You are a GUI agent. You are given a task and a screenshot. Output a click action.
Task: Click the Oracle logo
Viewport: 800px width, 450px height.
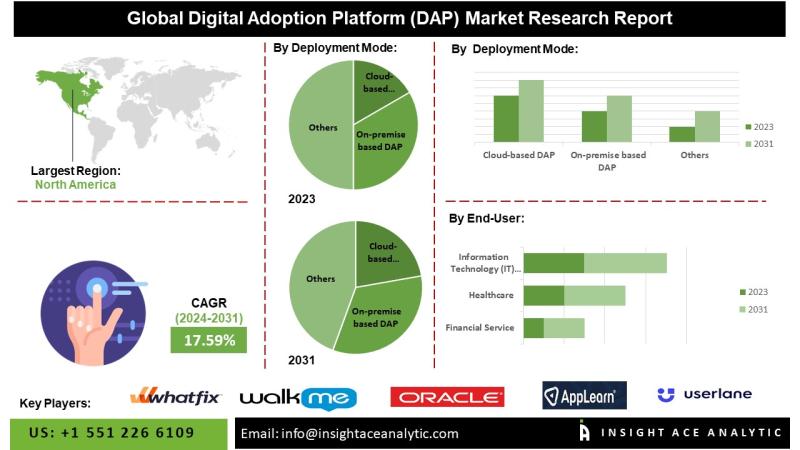pos(447,397)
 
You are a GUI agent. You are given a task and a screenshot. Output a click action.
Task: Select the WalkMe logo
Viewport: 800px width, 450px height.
pos(297,398)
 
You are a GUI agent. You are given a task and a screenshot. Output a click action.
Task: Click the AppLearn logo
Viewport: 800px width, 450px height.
pos(584,396)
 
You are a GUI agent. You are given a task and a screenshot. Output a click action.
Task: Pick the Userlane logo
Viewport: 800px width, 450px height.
pos(704,395)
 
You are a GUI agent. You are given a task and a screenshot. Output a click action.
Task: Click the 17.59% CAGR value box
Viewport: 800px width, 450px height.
pos(209,340)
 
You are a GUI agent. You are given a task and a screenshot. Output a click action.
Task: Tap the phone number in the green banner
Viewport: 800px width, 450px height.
pos(112,433)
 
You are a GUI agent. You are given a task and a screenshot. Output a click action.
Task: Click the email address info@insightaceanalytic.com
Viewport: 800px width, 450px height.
pos(349,433)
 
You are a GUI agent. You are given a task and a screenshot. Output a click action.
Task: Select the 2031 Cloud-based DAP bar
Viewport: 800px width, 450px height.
pos(531,111)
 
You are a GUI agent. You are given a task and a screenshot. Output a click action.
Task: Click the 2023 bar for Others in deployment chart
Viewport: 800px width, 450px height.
pos(682,134)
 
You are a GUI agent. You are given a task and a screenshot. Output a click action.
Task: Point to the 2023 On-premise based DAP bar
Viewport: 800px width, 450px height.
pos(594,126)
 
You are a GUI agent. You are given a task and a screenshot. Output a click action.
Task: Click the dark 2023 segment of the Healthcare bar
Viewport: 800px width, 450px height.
pos(544,296)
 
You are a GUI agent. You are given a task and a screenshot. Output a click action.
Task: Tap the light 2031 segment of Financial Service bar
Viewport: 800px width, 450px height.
pos(564,328)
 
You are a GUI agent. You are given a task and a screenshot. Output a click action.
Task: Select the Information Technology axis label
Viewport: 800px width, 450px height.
pos(484,263)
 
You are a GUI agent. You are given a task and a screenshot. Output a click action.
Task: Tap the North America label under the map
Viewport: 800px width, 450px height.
pos(75,184)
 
